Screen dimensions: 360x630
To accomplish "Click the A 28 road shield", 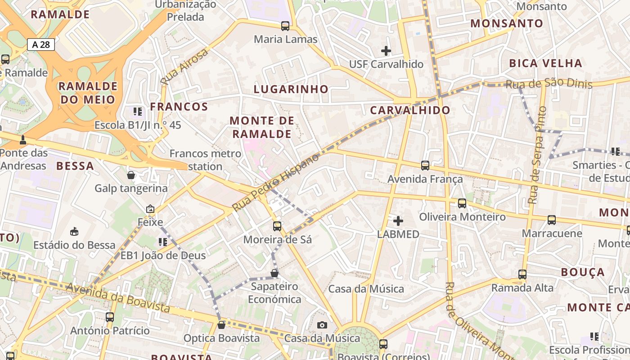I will point(41,44).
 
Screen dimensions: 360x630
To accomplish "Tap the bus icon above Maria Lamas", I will point(285,26).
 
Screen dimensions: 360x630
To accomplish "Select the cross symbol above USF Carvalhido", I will point(386,51).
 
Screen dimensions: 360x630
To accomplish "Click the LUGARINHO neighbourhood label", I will point(291,89).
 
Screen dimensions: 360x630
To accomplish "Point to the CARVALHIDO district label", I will point(410,110).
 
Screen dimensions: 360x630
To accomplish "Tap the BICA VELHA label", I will point(545,63).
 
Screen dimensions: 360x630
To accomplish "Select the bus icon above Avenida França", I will point(425,166).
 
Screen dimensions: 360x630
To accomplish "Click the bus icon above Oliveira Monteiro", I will point(462,203).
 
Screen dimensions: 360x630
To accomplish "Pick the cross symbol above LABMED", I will point(398,221).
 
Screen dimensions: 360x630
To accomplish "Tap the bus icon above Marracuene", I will point(552,220).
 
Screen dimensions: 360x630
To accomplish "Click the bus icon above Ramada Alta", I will point(522,274).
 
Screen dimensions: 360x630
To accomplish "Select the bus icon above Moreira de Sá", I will point(277,226).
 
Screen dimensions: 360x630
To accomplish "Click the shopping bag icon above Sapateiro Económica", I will point(274,273).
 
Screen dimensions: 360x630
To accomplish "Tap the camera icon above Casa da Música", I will point(322,325).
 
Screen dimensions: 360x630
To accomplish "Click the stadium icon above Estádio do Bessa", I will point(74,232).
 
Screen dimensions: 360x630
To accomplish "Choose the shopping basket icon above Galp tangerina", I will point(131,175).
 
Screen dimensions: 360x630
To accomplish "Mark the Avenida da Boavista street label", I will point(118,298).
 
